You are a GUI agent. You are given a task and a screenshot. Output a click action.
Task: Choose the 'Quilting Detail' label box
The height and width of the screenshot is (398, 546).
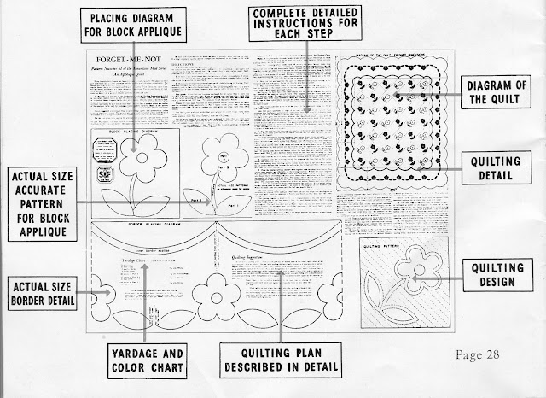[504, 166]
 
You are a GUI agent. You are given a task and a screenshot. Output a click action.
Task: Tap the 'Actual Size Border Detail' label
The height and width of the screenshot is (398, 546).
[40, 293]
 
